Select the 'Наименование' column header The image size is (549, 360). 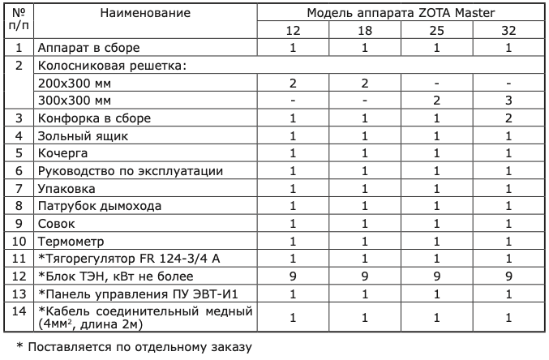[146, 13]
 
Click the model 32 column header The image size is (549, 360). [509, 30]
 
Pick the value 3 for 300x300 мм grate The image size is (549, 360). [509, 101]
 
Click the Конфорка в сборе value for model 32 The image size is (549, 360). [509, 118]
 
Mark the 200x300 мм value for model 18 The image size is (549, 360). [365, 83]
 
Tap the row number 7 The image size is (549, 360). [18, 188]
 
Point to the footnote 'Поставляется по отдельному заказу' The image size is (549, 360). [136, 347]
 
